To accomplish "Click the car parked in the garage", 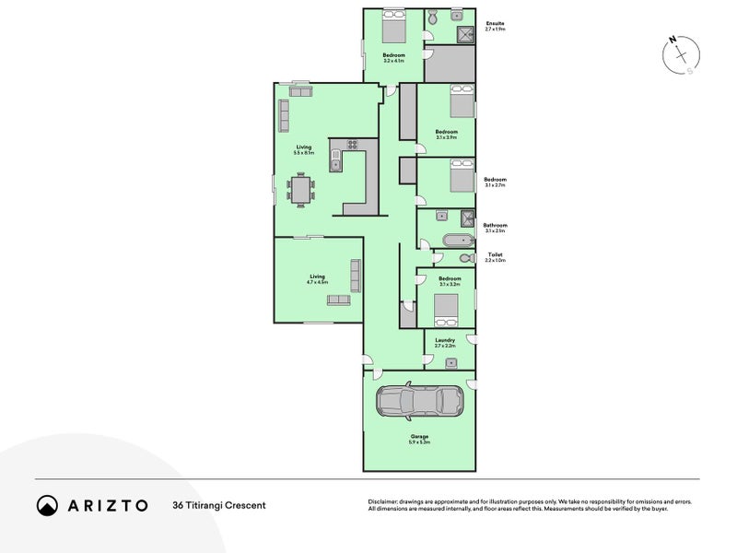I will [x=419, y=400].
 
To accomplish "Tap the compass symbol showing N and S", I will [x=680, y=55].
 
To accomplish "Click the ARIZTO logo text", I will [x=103, y=504].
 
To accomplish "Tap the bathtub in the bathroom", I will [x=456, y=241].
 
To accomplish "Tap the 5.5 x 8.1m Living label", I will [x=304, y=149].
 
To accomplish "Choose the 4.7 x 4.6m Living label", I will [x=318, y=278].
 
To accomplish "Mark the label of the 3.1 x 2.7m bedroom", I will [x=495, y=182].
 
